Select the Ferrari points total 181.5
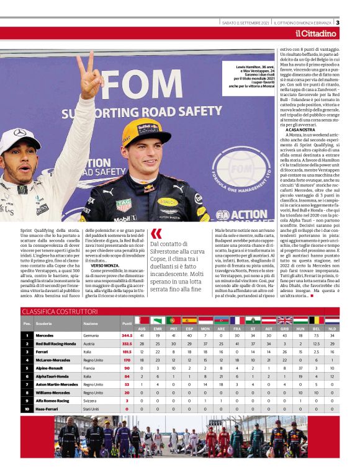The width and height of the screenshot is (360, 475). (127, 352)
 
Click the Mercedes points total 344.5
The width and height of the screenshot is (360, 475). (127, 335)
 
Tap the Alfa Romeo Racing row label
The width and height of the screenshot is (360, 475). (52, 401)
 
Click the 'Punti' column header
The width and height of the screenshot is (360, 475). (127, 324)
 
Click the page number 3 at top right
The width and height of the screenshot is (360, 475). (354, 23)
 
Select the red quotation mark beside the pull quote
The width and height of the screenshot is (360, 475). (156, 234)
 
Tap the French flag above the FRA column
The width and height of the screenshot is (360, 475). (236, 320)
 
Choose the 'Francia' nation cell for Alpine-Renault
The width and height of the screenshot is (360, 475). (90, 368)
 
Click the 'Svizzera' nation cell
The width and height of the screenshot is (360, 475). (91, 401)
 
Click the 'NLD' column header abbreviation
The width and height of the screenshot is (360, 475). (332, 328)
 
